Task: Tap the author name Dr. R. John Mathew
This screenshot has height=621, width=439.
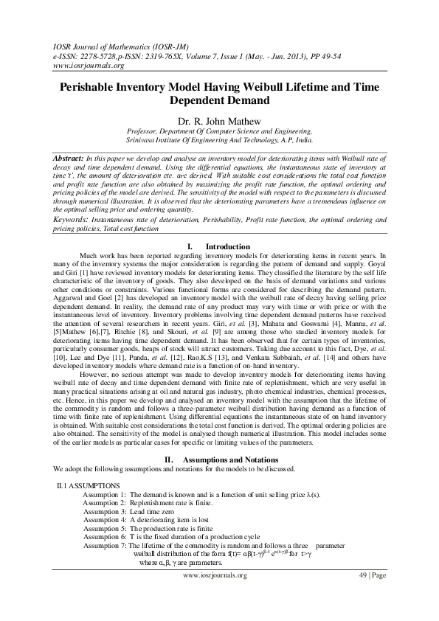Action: (x=219, y=118)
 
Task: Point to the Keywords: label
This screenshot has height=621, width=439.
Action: (x=71, y=220)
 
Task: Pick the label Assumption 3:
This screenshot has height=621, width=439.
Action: (x=104, y=510)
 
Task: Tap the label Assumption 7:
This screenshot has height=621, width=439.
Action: (x=104, y=545)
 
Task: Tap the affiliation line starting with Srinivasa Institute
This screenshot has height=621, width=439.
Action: (x=219, y=138)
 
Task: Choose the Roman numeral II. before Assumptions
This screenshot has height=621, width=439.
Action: (x=167, y=459)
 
